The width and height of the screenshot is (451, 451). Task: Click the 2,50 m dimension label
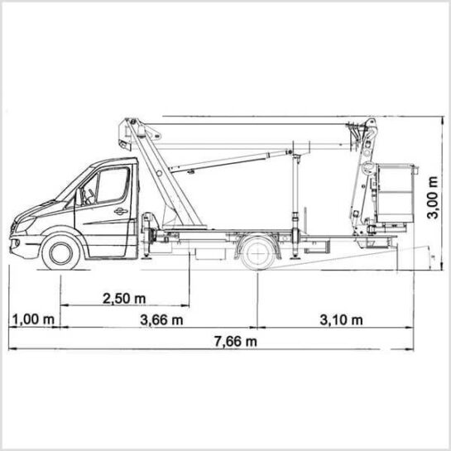pyautogui.click(x=124, y=299)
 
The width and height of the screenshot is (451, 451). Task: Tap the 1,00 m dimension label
pyautogui.click(x=34, y=319)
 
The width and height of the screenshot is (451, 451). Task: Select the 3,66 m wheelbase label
pyautogui.click(x=161, y=320)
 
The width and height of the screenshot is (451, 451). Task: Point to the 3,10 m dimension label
pyautogui.click(x=341, y=320)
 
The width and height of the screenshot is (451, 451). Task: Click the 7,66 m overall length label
pyautogui.click(x=236, y=342)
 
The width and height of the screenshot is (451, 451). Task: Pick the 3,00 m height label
pyautogui.click(x=433, y=197)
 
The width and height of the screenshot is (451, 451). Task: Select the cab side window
pyautogui.click(x=113, y=185)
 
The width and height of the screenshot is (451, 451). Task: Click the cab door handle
pyautogui.click(x=121, y=211)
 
